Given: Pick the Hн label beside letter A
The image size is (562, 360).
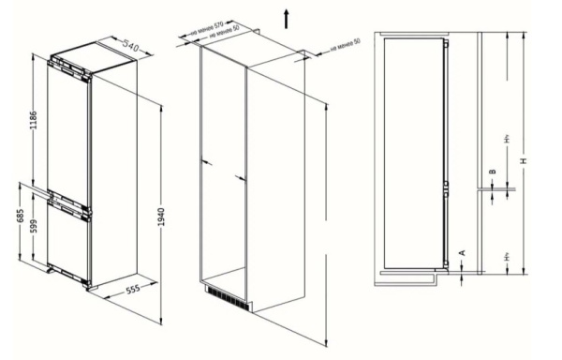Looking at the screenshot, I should click(x=507, y=255).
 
